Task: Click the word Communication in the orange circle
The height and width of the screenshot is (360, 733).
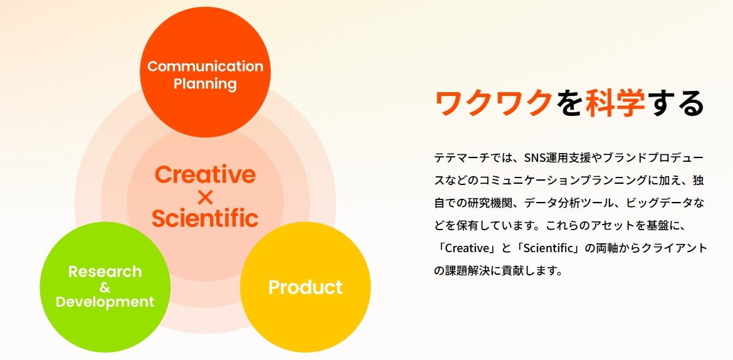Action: (x=205, y=66)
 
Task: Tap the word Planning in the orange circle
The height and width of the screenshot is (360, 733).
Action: (x=205, y=85)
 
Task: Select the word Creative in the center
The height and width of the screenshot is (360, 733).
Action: (x=205, y=175)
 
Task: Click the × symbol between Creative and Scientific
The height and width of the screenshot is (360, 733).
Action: (x=205, y=198)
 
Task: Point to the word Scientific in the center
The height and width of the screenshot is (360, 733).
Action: (x=205, y=218)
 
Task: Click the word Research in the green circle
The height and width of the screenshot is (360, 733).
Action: (x=105, y=272)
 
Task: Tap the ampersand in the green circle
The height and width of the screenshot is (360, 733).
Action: (x=105, y=287)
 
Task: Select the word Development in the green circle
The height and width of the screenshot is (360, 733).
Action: (x=105, y=302)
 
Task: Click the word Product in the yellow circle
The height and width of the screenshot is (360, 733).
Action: (x=305, y=287)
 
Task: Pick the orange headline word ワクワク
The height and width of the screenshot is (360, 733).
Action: (x=493, y=103)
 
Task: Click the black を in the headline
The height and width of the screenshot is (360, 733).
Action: (x=569, y=103)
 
